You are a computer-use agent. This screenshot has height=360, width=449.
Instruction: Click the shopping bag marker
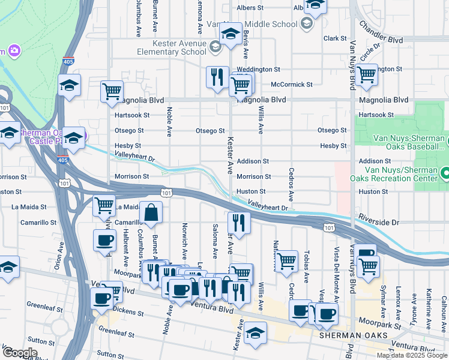[152, 213]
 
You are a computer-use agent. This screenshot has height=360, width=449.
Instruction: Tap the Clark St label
[331, 38]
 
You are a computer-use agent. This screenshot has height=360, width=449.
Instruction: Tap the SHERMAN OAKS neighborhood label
[349, 335]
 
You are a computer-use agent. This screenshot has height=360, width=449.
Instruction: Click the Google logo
[20, 353]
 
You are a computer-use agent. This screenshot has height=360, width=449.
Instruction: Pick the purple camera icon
[13, 51]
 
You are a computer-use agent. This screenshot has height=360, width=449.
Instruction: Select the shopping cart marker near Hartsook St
[112, 91]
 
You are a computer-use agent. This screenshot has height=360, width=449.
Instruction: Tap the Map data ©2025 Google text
[412, 355]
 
